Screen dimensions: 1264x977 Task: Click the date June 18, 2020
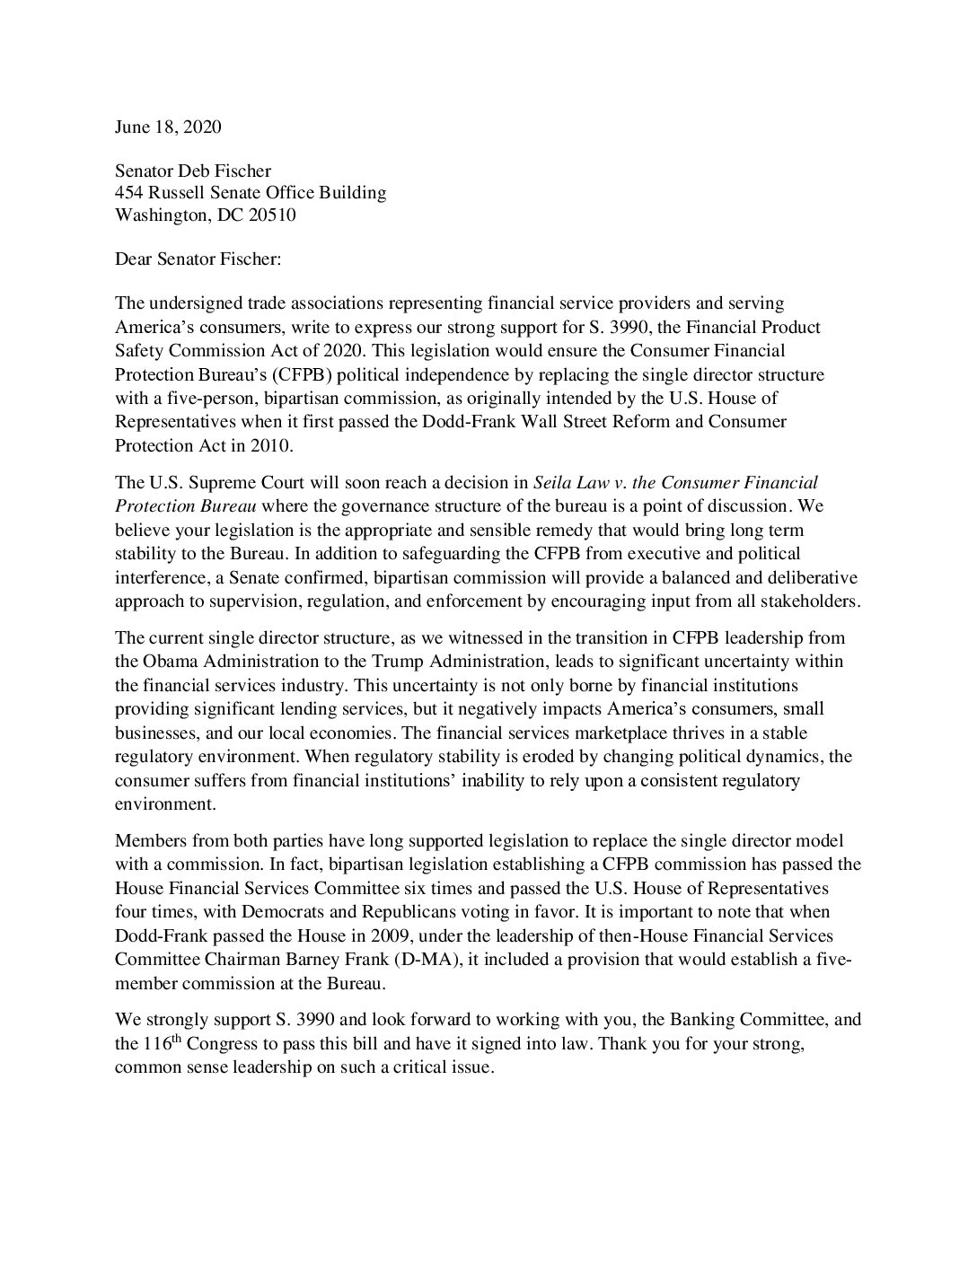168,127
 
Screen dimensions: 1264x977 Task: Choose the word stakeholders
810,601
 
